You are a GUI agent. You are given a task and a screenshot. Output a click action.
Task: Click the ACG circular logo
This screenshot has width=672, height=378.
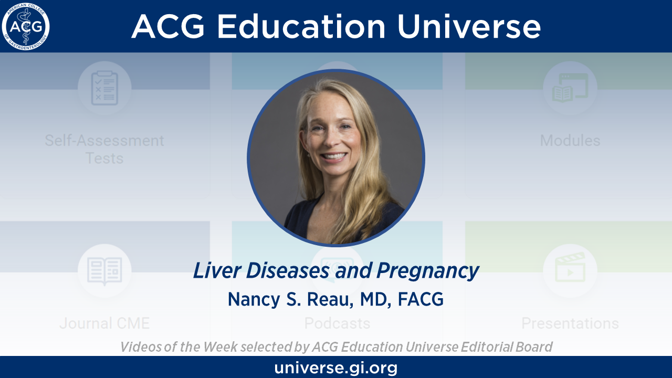click(x=26, y=26)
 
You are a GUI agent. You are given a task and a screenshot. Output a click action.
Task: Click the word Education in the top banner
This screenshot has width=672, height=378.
click(x=301, y=26)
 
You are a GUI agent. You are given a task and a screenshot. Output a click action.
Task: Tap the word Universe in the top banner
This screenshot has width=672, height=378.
click(x=469, y=26)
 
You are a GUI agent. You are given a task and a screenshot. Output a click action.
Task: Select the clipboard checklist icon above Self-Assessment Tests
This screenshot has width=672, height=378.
click(x=104, y=88)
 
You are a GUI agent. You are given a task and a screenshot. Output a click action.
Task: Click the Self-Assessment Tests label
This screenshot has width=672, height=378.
click(x=104, y=150)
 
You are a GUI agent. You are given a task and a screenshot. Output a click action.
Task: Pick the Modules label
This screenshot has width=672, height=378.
click(x=570, y=140)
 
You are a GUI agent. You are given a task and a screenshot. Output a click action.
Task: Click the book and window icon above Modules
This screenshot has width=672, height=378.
click(x=570, y=88)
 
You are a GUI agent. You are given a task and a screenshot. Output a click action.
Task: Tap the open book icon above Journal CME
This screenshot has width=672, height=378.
click(x=104, y=271)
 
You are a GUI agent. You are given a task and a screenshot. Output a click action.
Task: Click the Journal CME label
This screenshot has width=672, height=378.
click(x=104, y=323)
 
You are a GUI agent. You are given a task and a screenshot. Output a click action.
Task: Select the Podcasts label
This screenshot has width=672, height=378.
click(x=337, y=323)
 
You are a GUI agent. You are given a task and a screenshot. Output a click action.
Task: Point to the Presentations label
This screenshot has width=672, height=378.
click(x=570, y=323)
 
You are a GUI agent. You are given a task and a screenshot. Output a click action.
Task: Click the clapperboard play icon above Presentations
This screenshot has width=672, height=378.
click(x=570, y=268)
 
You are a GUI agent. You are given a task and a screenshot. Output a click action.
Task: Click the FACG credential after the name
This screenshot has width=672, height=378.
click(x=421, y=299)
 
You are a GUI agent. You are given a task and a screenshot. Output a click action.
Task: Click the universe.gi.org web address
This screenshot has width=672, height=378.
click(x=336, y=367)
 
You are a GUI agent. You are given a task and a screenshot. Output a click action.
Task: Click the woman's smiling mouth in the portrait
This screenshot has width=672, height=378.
click(x=333, y=156)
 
